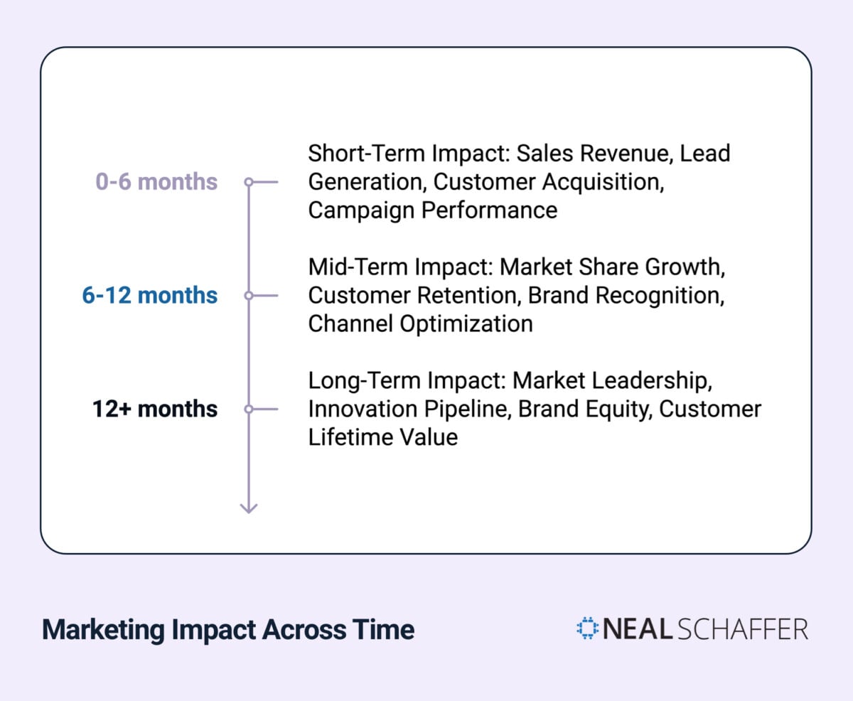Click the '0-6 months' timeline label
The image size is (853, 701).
click(156, 182)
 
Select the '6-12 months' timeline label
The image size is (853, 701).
click(150, 296)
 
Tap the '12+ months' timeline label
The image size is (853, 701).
click(154, 410)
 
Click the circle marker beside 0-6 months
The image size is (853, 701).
click(249, 182)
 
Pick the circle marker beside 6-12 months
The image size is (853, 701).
click(249, 296)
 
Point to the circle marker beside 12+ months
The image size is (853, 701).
click(249, 410)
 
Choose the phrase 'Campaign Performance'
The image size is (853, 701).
click(432, 210)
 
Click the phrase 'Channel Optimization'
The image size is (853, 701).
click(420, 324)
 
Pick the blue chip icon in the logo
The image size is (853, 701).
click(588, 628)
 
